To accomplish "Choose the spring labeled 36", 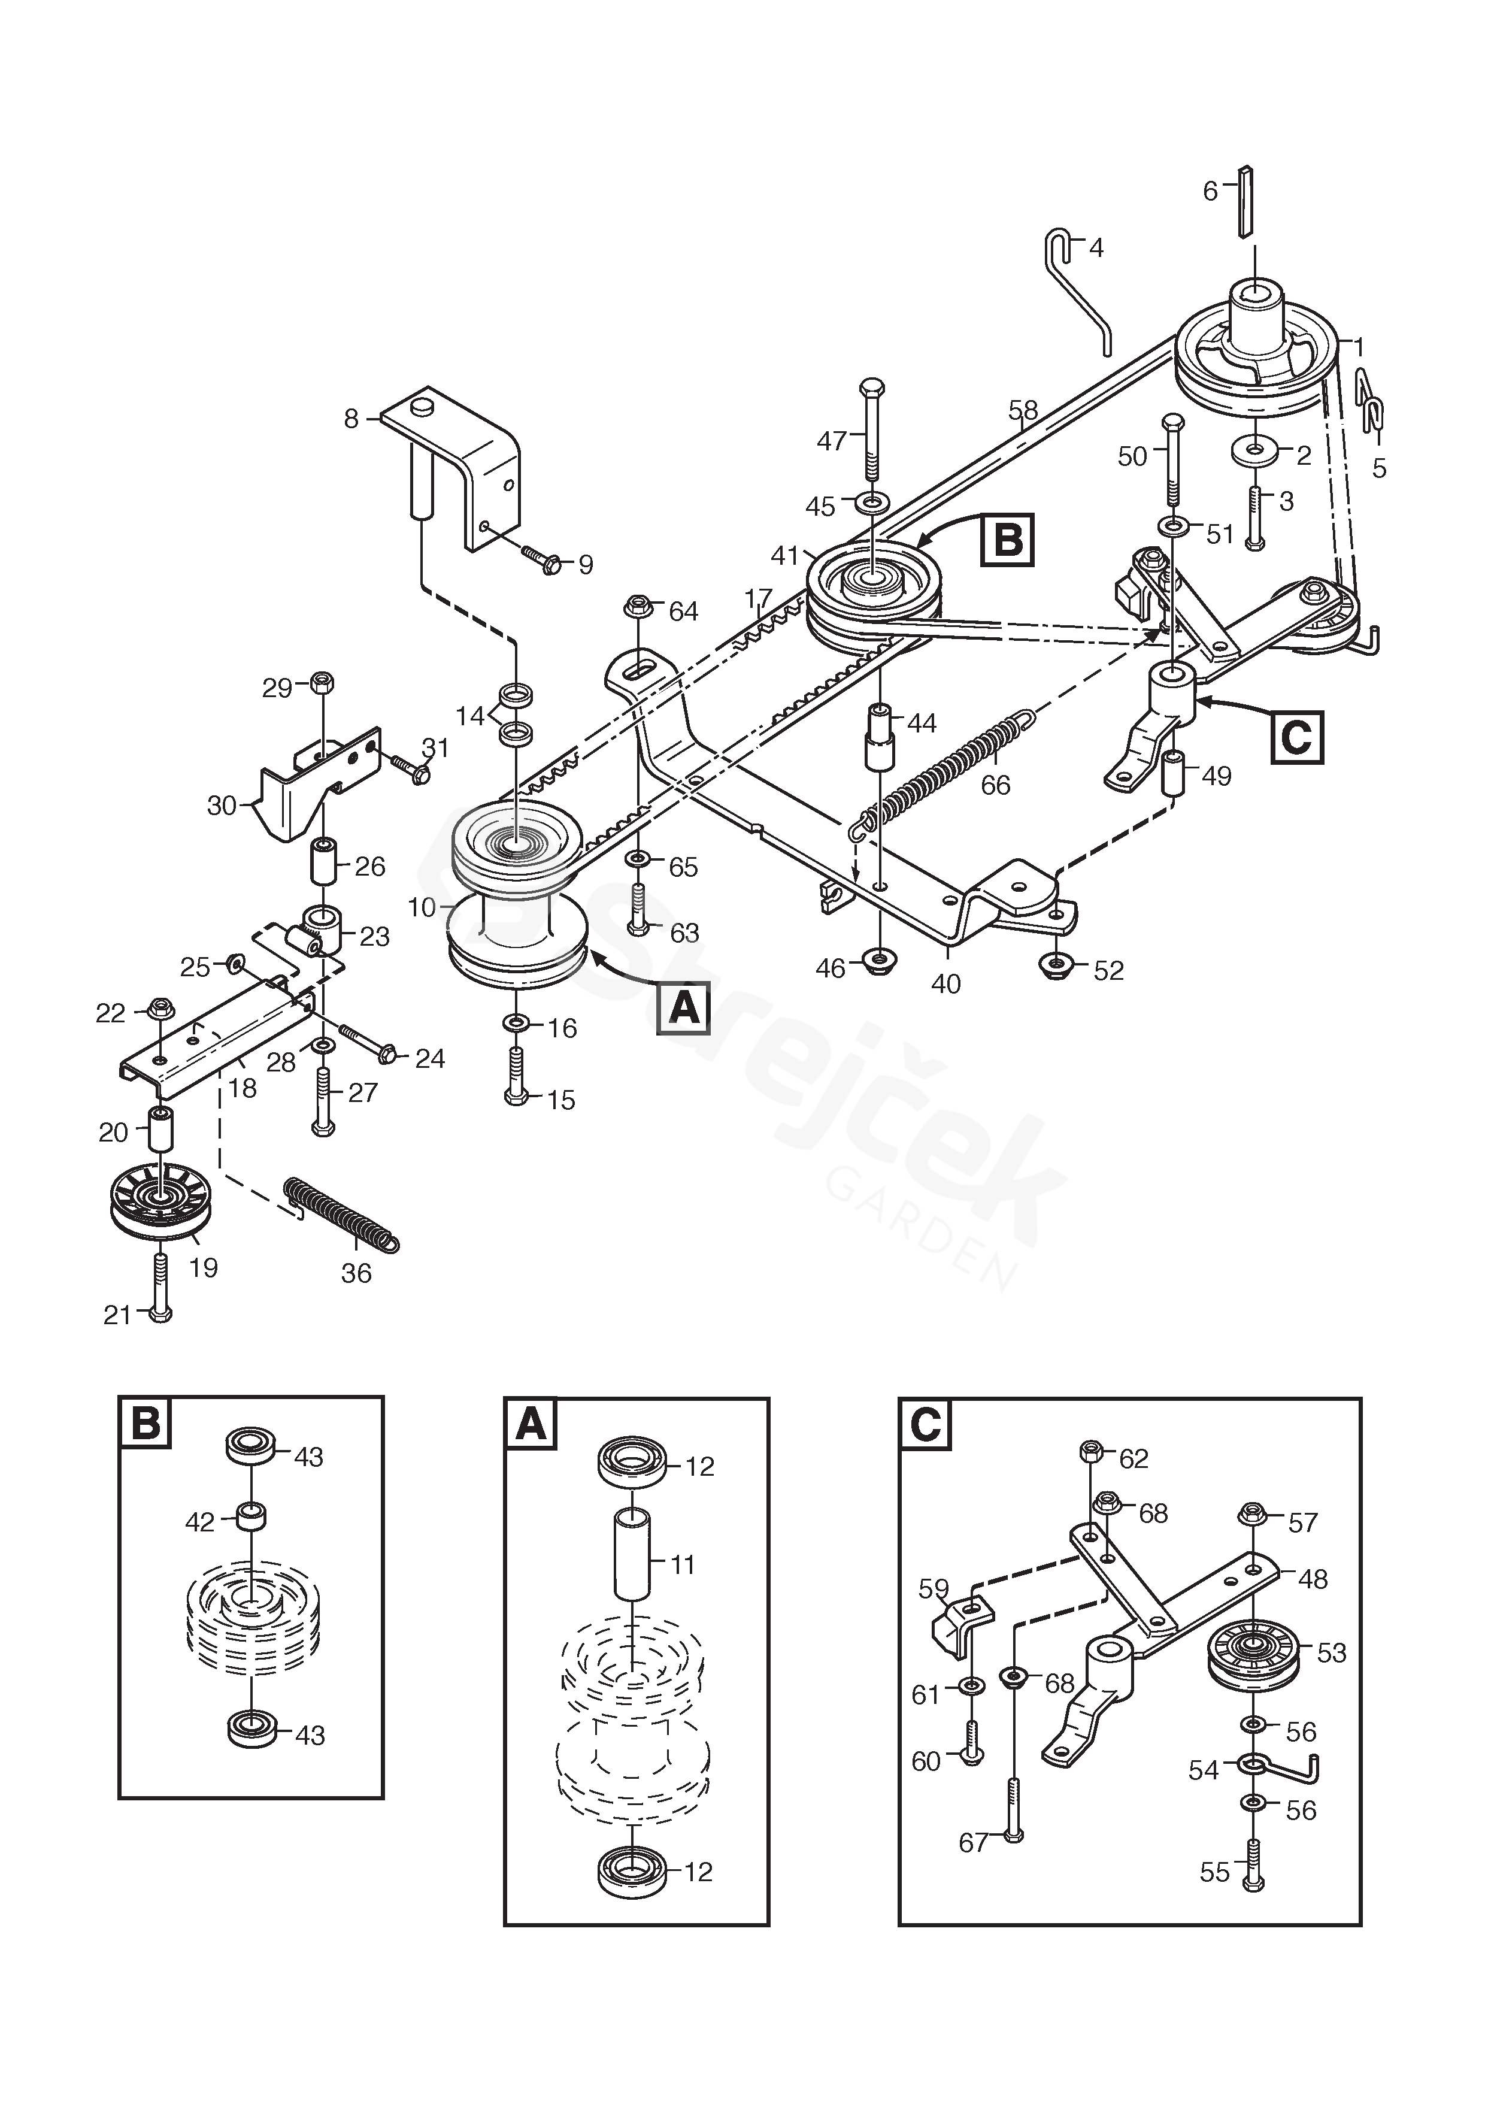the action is [x=341, y=1213].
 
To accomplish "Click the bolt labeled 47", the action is [x=872, y=428].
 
